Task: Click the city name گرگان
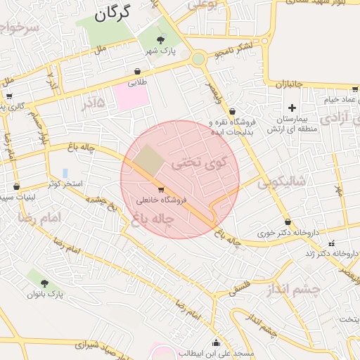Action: click(x=113, y=13)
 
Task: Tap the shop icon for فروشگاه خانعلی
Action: click(x=161, y=190)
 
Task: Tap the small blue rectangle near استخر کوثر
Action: click(x=65, y=172)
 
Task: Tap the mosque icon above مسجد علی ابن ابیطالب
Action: click(x=216, y=342)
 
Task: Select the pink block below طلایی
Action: click(x=131, y=96)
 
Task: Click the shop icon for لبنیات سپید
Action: click(x=16, y=187)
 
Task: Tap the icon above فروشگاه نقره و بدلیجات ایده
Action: click(x=232, y=111)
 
